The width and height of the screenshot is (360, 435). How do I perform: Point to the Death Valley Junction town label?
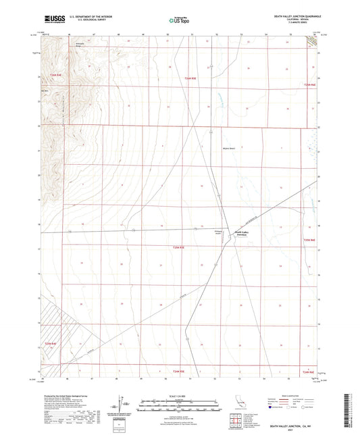[x=243, y=233]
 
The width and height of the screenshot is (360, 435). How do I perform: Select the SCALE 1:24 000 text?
[x=180, y=398]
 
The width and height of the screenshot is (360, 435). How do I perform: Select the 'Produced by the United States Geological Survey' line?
[x=67, y=397]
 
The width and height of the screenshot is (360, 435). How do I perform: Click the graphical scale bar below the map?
[x=180, y=407]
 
